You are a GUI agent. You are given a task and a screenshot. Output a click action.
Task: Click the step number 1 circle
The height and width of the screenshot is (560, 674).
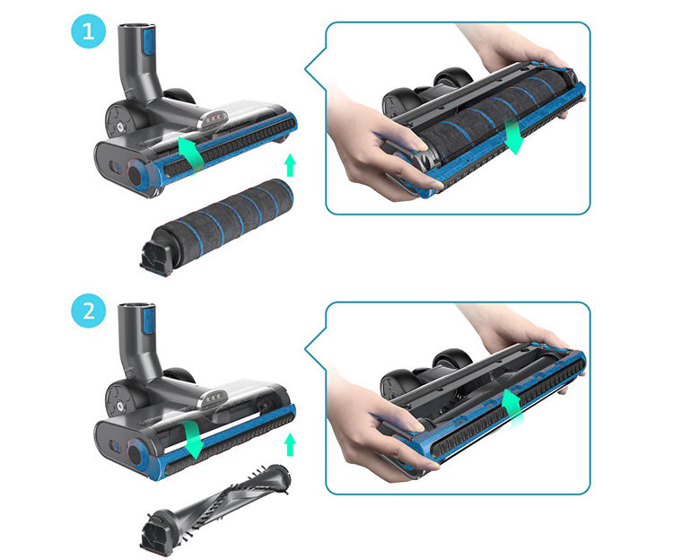[x=89, y=31]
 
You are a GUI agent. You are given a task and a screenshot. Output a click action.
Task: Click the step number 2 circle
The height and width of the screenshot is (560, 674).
[x=89, y=311]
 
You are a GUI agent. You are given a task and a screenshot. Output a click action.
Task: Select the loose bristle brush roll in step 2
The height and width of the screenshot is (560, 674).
[x=214, y=508]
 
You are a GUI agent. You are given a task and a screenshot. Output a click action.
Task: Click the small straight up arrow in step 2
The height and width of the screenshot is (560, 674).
[x=291, y=444]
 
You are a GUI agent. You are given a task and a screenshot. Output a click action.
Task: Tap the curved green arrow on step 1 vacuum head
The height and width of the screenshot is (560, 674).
[x=191, y=154]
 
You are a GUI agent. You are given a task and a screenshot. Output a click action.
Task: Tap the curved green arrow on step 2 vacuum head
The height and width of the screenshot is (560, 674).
[x=191, y=439]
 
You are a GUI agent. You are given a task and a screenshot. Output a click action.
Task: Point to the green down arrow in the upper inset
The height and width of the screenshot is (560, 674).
[x=513, y=136]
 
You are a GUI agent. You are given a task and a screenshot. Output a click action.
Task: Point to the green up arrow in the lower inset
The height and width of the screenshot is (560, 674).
[x=512, y=407]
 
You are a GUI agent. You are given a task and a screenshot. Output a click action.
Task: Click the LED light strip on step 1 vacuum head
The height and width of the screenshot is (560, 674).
[x=213, y=118]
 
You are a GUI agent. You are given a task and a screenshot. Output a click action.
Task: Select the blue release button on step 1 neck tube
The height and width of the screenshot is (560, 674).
[x=148, y=40]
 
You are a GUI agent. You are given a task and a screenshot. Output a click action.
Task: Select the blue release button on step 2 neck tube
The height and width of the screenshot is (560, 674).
[x=148, y=320]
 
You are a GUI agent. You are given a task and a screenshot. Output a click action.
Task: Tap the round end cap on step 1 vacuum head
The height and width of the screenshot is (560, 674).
[x=136, y=174]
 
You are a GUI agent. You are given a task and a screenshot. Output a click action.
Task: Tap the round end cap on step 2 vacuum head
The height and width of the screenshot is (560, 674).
[x=136, y=454]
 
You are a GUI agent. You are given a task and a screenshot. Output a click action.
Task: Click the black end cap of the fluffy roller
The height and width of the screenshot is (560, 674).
[x=156, y=258]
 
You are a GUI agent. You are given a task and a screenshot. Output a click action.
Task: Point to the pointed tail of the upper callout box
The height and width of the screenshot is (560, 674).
[x=306, y=68]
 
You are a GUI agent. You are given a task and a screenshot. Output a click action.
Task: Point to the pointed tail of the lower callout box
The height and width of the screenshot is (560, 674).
[x=306, y=348]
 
